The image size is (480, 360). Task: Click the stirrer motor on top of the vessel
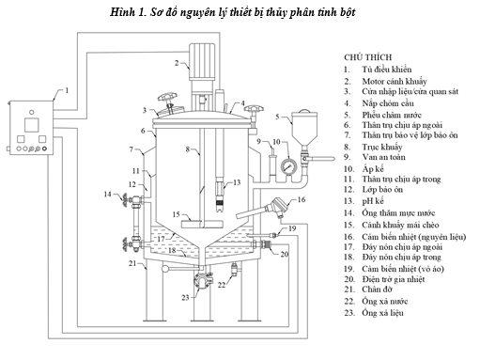tap(202, 61)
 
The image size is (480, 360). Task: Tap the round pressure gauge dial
tap(288, 166)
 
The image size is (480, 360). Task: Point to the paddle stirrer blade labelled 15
tap(203, 224)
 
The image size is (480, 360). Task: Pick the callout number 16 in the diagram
tap(302, 199)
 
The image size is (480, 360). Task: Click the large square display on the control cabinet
tap(32, 125)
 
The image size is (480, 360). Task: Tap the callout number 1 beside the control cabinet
tap(67, 90)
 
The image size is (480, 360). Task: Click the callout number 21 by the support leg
tap(132, 263)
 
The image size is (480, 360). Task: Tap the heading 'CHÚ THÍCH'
tap(368, 57)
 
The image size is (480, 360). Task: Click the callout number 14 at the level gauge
tap(107, 195)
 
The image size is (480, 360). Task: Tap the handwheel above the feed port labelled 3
tap(167, 97)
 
